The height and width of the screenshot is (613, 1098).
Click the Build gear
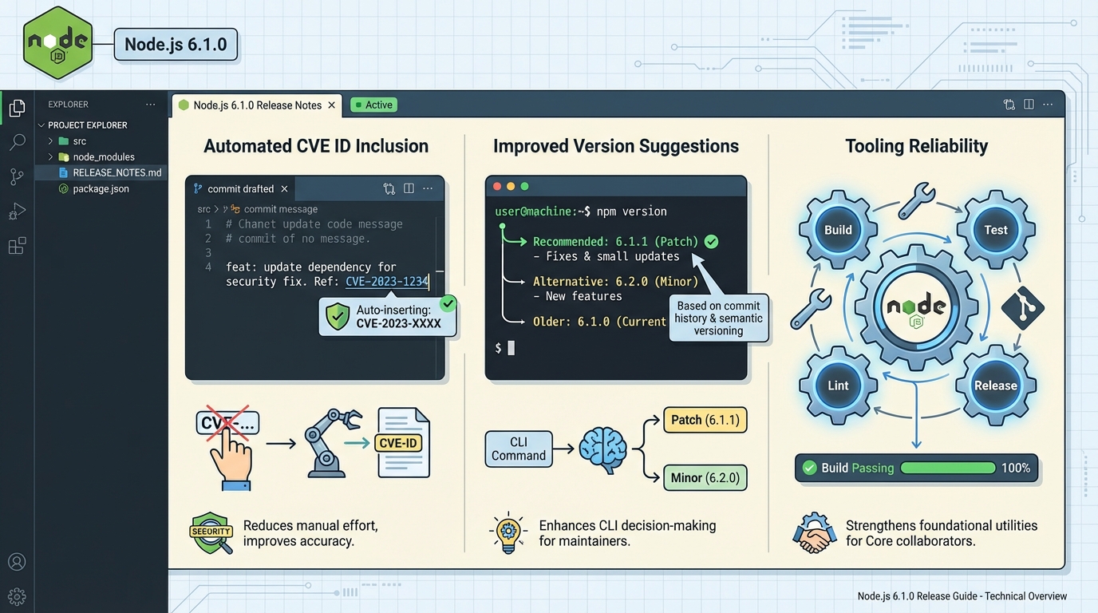point(838,230)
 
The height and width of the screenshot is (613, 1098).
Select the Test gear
point(995,230)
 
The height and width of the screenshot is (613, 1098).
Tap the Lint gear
point(838,386)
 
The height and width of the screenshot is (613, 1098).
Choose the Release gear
point(995,386)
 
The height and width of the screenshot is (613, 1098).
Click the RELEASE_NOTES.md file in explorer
point(117,172)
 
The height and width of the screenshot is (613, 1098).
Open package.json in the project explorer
point(101,189)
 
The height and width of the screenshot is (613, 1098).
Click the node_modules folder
point(104,157)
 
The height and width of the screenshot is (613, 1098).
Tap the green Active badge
point(373,105)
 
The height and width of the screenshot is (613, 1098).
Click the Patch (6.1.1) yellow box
point(705,420)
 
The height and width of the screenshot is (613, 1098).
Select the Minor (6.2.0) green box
point(705,478)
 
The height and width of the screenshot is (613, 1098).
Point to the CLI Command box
point(519,449)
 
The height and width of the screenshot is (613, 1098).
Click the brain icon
point(602,449)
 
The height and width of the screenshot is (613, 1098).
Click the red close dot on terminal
point(497,186)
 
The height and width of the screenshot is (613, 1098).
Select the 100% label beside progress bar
point(1015,468)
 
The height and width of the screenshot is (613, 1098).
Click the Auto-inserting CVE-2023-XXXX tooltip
point(387,316)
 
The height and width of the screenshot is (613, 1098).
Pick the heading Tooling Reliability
point(916,146)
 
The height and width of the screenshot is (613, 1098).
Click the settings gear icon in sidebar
point(17,596)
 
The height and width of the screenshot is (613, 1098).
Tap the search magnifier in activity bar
point(17,142)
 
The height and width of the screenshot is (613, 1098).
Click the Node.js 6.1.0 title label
point(176,45)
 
